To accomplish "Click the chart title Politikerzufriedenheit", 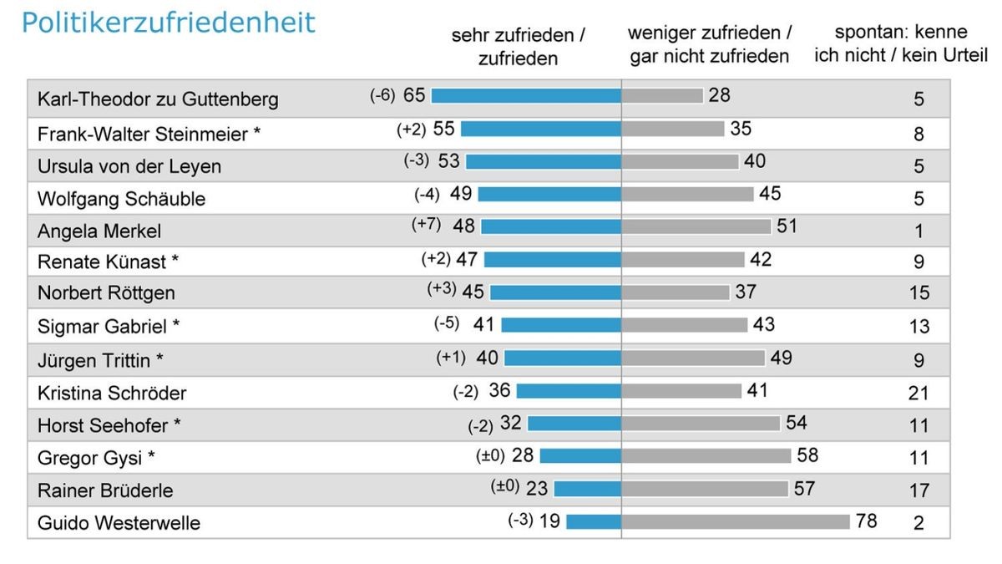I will [x=168, y=23].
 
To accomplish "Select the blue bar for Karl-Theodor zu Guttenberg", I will [x=526, y=95].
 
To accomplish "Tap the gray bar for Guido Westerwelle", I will [x=736, y=521].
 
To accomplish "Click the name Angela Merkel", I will [x=99, y=231].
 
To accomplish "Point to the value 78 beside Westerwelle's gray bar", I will [x=866, y=521].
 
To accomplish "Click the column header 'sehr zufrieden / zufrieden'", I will [x=518, y=47].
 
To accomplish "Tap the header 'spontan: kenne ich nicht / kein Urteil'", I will [x=900, y=44].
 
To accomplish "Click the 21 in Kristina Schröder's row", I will [x=918, y=394].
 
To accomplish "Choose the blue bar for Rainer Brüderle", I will [x=587, y=488].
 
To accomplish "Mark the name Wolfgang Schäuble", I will [x=121, y=199].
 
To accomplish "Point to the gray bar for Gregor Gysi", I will [x=706, y=456].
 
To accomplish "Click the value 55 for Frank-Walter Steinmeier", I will [x=443, y=128].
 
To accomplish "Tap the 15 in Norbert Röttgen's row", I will [x=918, y=293].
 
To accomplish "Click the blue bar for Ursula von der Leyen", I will [x=544, y=161].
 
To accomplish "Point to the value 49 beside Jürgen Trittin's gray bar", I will [x=781, y=358].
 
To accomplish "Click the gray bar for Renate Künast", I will [x=683, y=260].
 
